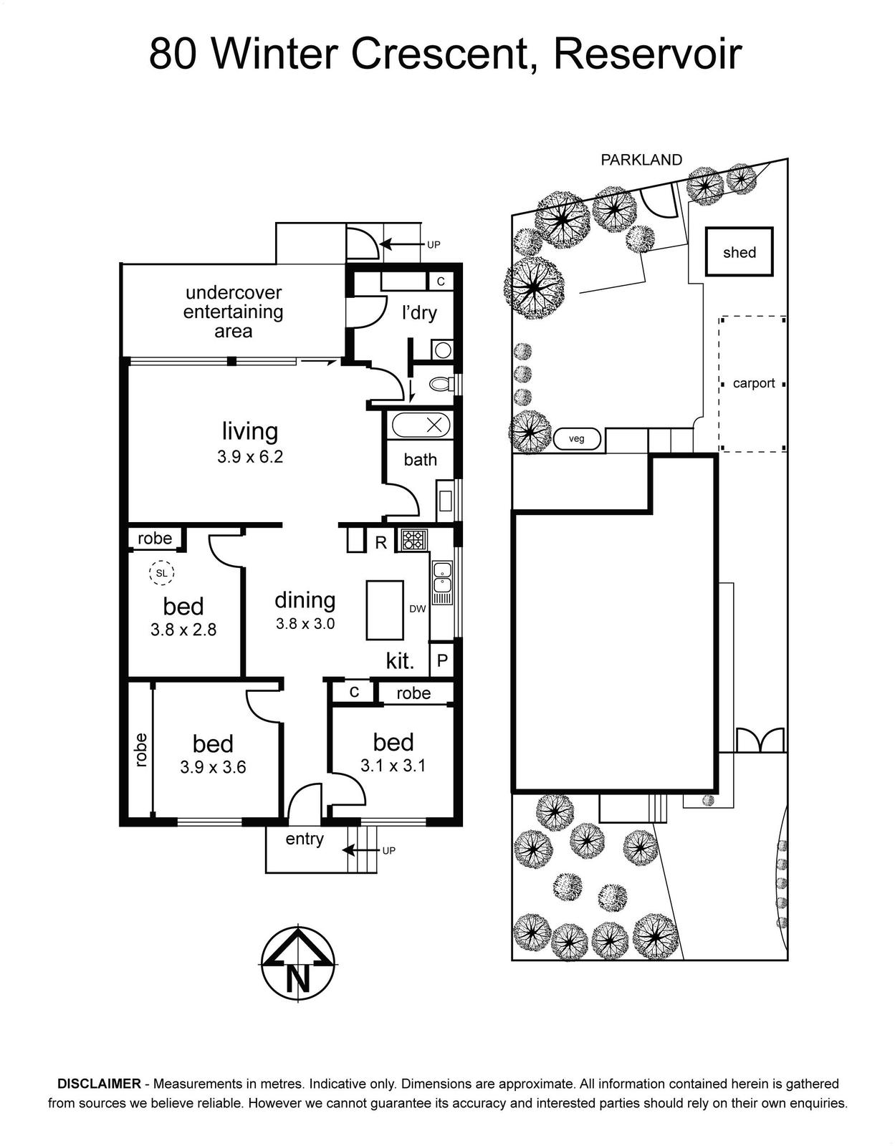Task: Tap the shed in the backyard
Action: point(739,251)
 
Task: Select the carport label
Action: point(754,383)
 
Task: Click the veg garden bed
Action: point(577,438)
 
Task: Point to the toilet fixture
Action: point(441,385)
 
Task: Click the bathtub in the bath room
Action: point(421,425)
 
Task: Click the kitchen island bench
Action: point(385,610)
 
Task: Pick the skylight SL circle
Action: point(161,573)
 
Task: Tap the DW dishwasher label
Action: point(417,609)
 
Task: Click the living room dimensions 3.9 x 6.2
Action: point(250,456)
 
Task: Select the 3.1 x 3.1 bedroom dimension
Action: point(393,765)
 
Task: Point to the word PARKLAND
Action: point(642,160)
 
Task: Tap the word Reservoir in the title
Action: point(648,54)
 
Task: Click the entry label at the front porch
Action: point(305,839)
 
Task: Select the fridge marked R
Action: point(381,542)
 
